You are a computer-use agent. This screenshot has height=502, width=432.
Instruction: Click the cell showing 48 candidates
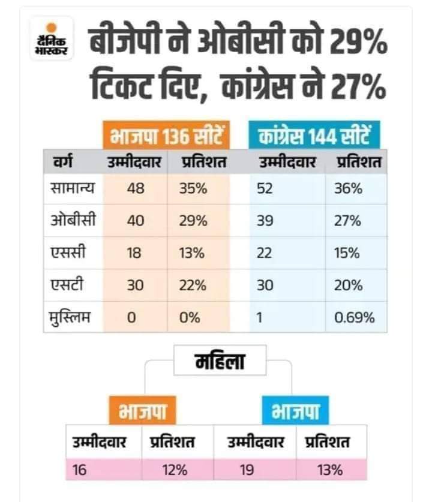[x=135, y=189]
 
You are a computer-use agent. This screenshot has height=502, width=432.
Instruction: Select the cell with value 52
[x=265, y=189]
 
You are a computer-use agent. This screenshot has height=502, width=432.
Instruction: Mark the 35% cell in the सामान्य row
[x=193, y=189]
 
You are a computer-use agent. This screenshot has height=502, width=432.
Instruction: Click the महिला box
[x=217, y=362]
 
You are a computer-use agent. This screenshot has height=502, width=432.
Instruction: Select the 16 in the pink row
[x=79, y=469]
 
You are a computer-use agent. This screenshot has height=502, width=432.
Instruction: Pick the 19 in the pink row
[x=246, y=469]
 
